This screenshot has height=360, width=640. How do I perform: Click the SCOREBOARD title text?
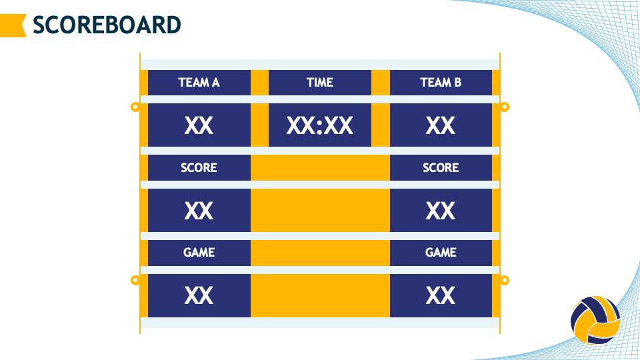pos(107,25)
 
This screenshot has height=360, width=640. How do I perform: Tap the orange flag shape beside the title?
pos(13,26)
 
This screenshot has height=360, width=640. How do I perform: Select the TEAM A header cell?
pos(199,83)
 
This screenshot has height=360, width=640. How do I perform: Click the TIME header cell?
pos(320,83)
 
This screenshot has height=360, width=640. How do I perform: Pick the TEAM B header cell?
pos(441,83)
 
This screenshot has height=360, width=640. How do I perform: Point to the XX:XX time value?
pos(320,125)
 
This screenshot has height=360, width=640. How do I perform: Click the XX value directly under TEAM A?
pos(199,125)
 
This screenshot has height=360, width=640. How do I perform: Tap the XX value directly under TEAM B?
pos(441,125)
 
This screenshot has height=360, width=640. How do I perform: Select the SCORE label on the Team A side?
pos(199,168)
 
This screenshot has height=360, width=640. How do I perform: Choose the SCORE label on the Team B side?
pos(441,168)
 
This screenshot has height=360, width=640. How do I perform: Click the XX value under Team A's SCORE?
pos(199,211)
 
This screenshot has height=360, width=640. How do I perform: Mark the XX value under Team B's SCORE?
pos(441,211)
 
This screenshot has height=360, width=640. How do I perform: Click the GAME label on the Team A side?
pos(199,253)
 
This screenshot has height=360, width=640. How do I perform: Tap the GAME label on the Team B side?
pos(441,253)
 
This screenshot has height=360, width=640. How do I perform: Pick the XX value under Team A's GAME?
pos(199,295)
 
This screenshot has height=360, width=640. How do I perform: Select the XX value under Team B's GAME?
pos(441,295)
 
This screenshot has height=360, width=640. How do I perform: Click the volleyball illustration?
pos(595,320)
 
